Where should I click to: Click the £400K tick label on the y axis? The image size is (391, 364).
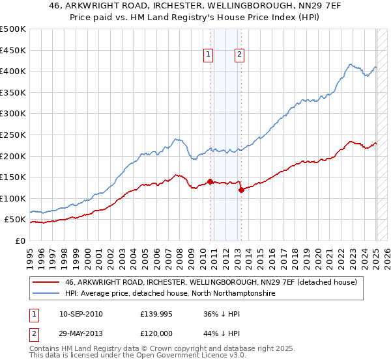coord(12,71)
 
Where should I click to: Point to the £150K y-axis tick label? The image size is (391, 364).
coord(12,177)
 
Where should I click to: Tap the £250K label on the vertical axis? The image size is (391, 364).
coord(12,135)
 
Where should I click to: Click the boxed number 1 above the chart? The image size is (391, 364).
coord(208,55)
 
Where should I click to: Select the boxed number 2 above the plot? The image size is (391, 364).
coord(239,55)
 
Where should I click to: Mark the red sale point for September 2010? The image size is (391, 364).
coord(210,181)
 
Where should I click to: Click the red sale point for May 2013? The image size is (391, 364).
coord(241,190)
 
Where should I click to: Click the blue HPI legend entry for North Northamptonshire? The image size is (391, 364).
coord(170,294)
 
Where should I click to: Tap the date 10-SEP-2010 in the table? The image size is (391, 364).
coord(80,314)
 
